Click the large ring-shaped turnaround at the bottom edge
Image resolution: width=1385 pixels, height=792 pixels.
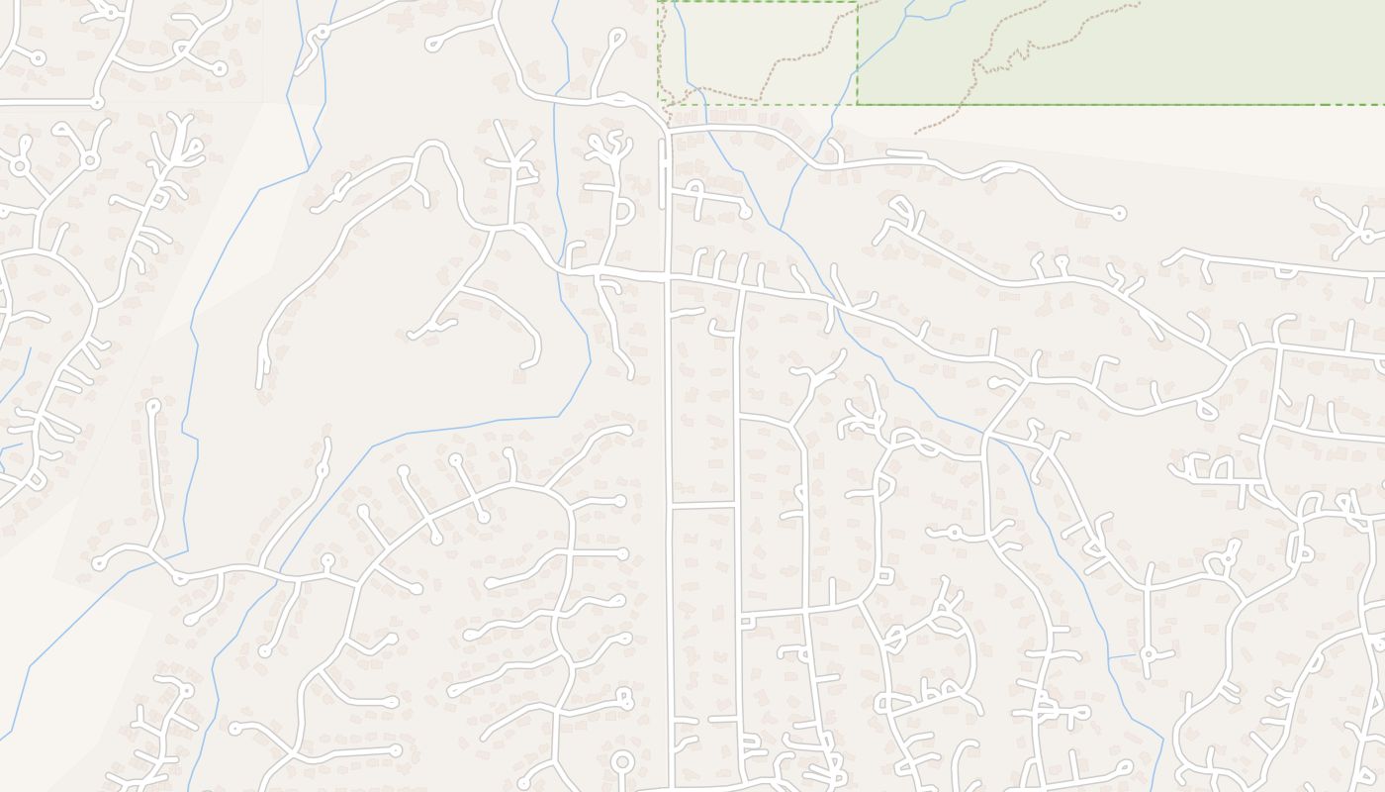[622, 762]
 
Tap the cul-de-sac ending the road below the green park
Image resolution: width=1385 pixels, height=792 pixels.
[1119, 212]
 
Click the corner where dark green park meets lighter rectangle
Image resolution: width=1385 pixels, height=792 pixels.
[857, 103]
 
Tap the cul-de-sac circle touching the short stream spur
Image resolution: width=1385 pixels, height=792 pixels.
[1149, 653]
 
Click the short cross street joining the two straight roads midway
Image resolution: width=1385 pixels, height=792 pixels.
[703, 505]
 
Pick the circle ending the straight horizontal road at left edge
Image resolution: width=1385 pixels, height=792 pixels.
[97, 102]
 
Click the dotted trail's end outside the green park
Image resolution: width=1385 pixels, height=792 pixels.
[915, 134]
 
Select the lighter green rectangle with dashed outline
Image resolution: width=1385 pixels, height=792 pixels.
[757, 49]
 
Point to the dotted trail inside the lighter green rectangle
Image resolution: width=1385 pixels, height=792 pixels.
[791, 63]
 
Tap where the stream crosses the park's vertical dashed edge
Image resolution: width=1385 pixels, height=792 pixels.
[857, 69]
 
